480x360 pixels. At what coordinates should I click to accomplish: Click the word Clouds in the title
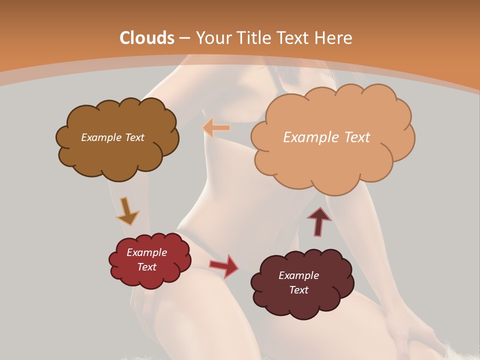pos(147,38)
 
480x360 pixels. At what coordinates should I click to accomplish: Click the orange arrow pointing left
pos(216,128)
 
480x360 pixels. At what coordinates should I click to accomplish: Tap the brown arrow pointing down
pos(126,212)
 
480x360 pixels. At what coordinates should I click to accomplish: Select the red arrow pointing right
pos(224,266)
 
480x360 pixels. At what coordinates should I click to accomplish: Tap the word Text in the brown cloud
pos(134,137)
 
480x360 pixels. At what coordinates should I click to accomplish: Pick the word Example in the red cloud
pos(146,252)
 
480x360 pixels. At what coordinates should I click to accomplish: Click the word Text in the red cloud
pos(146,267)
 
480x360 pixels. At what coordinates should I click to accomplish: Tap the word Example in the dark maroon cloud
pos(298,275)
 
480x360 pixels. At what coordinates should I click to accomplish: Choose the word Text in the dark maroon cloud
pos(298,290)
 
